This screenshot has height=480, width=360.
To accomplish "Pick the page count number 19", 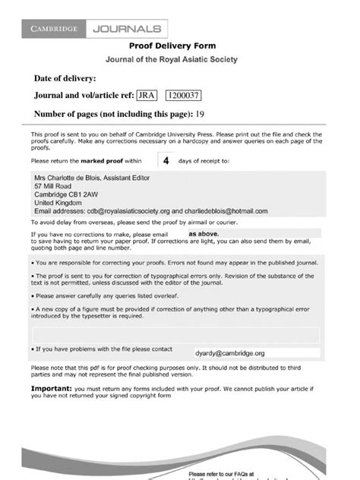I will (201, 114).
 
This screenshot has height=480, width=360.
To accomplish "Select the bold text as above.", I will (204, 234).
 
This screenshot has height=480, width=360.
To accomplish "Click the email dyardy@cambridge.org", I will (229, 353).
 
